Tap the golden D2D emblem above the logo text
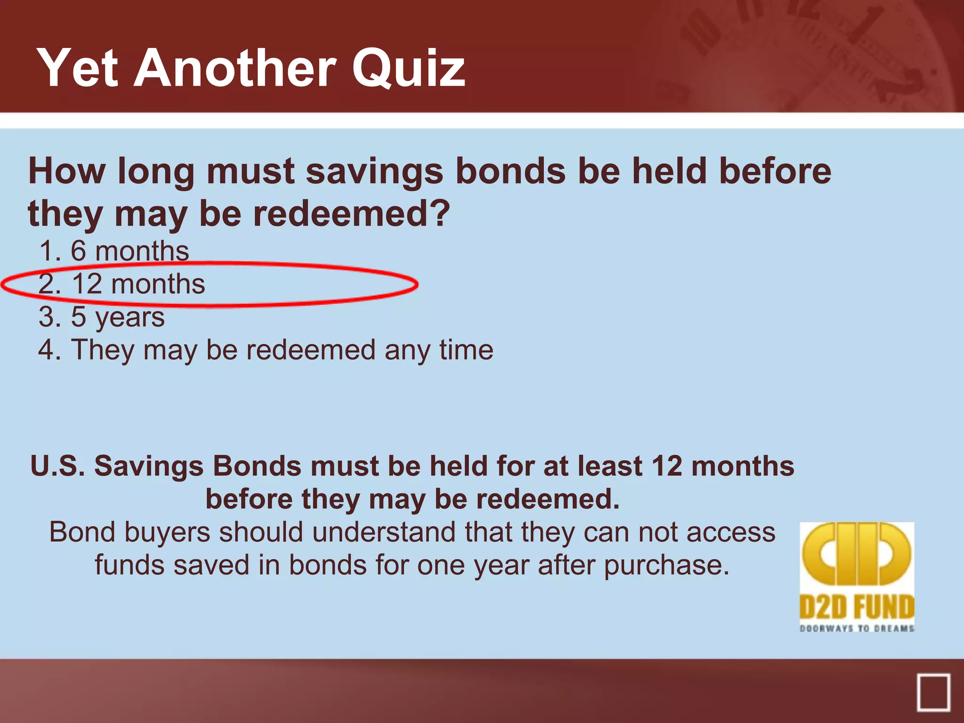tap(857, 554)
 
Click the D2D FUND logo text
tap(857, 607)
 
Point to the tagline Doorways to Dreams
tap(857, 628)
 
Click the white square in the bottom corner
tap(933, 692)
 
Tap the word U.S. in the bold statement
tap(57, 466)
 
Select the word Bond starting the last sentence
tap(82, 532)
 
